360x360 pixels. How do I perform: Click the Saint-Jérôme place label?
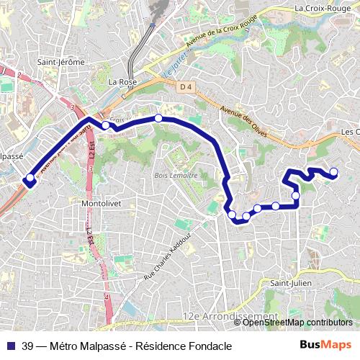coord(61,62)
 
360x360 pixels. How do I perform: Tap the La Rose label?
coord(122,82)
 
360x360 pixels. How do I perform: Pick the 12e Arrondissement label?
coord(230,316)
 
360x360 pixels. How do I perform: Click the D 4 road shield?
coord(186,86)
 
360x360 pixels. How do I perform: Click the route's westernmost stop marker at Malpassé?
coord(30,178)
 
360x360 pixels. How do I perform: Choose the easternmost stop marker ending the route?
coord(333,171)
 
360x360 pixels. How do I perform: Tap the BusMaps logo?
coord(326,346)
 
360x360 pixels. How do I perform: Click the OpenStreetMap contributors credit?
coord(298,323)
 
